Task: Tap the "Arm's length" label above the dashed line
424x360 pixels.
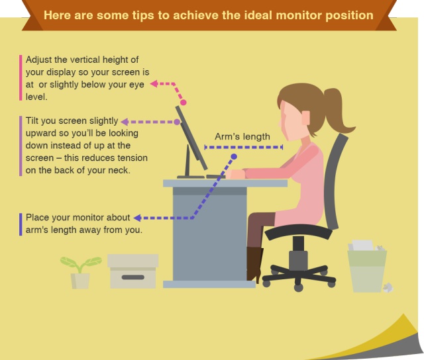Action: tap(242, 136)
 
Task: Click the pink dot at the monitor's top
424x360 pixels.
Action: tap(184, 103)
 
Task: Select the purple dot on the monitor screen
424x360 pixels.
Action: tap(177, 122)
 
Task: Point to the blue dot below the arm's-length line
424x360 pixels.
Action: tap(234, 157)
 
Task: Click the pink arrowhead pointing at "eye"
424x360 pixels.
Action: tap(154, 84)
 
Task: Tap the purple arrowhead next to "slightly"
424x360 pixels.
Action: tap(125, 122)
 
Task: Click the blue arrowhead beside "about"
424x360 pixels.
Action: tap(137, 218)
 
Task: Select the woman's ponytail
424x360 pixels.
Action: tap(338, 111)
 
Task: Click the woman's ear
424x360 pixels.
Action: tap(306, 118)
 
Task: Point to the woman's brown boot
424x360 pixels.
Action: tap(254, 264)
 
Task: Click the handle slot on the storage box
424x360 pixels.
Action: tap(132, 277)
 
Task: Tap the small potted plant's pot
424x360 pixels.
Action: tap(80, 281)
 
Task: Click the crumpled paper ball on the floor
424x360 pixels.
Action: tap(388, 287)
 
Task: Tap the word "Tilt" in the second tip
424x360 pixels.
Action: tap(32, 120)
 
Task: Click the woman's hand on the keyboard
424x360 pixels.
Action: tap(235, 174)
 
